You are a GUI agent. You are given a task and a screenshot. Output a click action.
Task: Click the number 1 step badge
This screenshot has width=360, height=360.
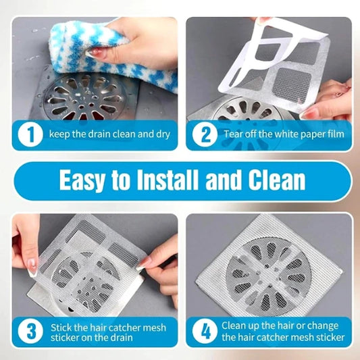pos(30,134)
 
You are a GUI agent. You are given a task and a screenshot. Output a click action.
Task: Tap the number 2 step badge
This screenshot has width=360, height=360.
pos(205,134)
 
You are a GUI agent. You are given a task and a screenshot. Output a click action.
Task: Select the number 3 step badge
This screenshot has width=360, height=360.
pos(30,332)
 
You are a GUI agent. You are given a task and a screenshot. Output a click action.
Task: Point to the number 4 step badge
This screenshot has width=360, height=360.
pos(205,332)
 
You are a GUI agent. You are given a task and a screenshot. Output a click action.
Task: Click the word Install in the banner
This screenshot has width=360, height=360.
pos(168,180)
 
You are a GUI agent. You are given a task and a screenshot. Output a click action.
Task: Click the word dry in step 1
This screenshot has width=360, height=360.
pos(163,134)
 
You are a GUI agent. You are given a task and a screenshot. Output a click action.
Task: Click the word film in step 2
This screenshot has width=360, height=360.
pos(336,134)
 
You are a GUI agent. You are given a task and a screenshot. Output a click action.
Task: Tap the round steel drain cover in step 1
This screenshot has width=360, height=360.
pos(85,97)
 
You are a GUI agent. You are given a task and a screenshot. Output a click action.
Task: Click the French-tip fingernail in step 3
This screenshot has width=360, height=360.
pos(32,267)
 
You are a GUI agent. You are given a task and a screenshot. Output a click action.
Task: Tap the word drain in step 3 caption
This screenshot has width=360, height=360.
pos(120,338)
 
